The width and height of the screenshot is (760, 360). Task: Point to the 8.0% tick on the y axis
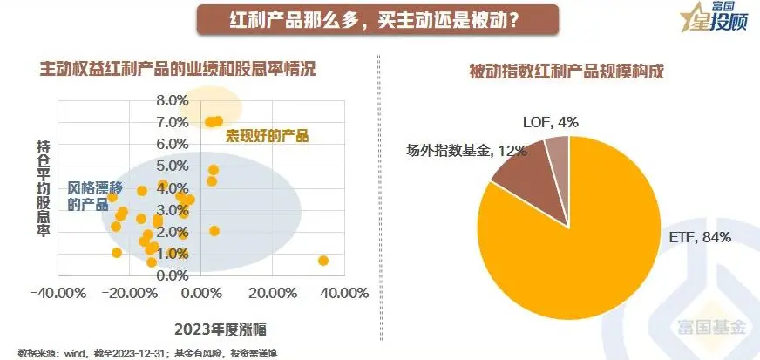coord(173,100)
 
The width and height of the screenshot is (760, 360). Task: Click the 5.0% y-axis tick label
coord(173,166)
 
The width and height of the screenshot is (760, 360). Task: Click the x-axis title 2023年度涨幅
coord(220,329)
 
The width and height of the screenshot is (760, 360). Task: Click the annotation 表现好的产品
coord(268,136)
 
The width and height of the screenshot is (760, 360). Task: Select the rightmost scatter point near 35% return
coord(323,261)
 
